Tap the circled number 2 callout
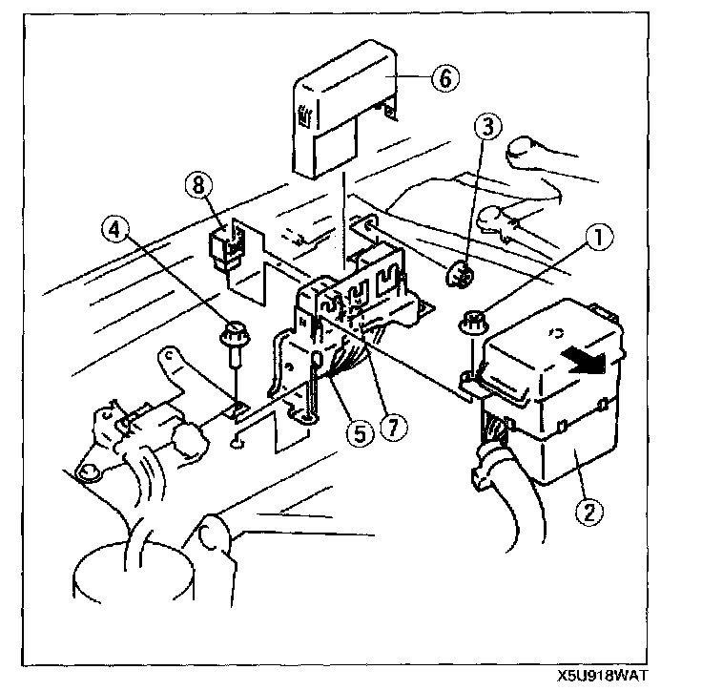click(x=589, y=511)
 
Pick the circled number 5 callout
click(x=359, y=433)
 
